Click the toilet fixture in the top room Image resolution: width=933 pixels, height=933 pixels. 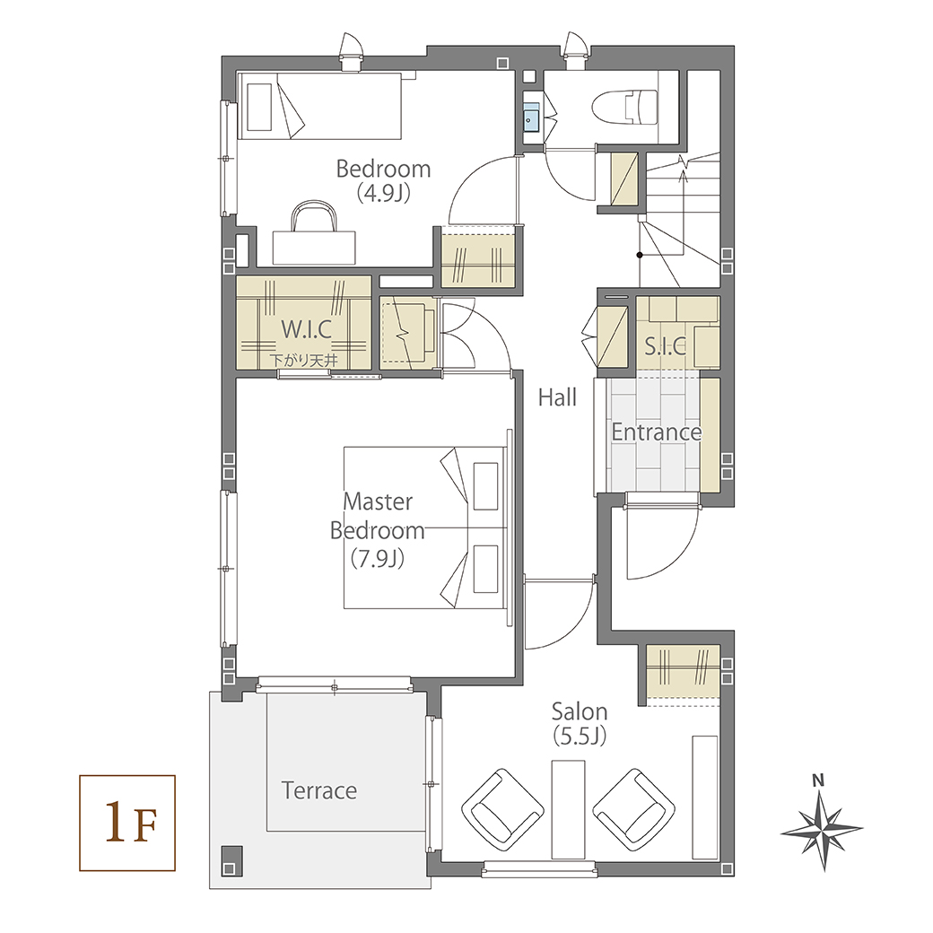pos(624,108)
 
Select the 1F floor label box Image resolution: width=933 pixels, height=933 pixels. pos(127,823)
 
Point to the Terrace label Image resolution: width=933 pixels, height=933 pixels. pos(319,790)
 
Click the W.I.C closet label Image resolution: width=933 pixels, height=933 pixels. pos(306,328)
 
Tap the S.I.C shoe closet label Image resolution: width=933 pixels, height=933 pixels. pos(666,345)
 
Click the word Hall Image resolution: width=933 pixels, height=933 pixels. pos(557,397)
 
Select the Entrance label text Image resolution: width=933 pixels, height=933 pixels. pos(657,432)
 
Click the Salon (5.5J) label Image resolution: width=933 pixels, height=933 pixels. pos(579,724)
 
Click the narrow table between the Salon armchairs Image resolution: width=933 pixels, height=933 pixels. pos(568,809)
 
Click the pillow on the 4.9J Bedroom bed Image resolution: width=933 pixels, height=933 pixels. pos(260,107)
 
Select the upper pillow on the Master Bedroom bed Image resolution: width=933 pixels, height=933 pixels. pos(485,485)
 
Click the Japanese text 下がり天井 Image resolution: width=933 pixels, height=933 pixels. pos(303,360)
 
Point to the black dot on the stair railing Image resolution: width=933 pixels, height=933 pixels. pos(640,255)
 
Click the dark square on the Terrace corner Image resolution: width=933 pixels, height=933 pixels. pos(232,860)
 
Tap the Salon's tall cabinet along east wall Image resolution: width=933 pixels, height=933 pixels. pos(705,798)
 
